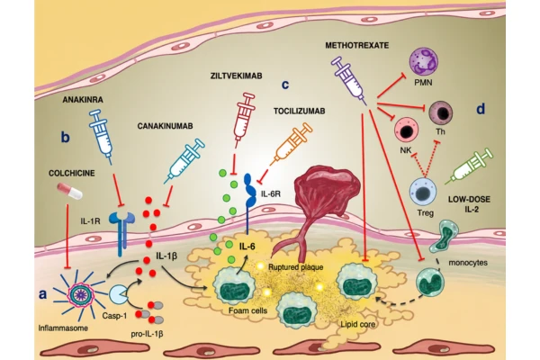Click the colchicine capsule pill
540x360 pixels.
[70, 191]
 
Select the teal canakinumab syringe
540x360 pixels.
[184, 160]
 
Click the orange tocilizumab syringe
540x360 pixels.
[291, 144]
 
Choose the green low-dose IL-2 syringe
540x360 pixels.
[468, 166]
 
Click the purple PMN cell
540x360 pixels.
[423, 62]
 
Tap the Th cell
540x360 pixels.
[440, 113]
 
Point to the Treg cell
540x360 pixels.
[423, 193]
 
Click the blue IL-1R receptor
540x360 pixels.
[121, 234]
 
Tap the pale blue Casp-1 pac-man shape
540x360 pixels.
[118, 294]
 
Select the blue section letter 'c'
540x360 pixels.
[285, 85]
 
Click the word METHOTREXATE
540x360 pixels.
[357, 46]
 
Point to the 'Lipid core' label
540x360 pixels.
[358, 324]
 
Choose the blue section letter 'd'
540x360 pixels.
[481, 109]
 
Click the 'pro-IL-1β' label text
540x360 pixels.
[147, 334]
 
